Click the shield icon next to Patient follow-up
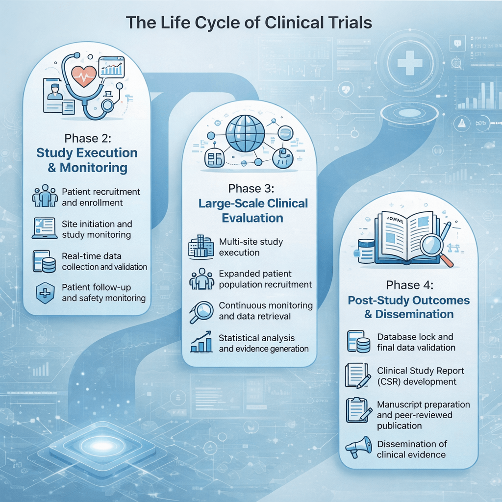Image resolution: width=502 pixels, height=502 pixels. [45, 293]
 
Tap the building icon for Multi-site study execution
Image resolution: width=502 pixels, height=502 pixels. [201, 247]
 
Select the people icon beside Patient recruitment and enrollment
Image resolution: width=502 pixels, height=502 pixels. [45, 197]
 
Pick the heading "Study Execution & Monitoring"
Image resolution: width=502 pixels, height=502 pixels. [87, 160]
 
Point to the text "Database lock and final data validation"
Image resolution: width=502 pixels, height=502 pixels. [416, 342]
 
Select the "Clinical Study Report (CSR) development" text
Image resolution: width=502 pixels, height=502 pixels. [417, 376]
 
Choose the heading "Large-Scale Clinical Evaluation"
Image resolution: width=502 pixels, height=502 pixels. [252, 210]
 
